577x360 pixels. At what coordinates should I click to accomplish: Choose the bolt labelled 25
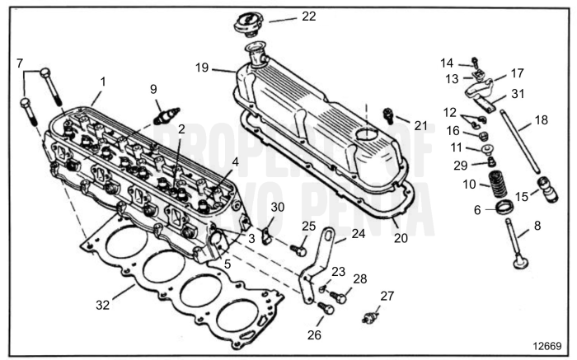[298, 245]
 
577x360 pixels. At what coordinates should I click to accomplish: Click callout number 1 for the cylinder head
[102, 81]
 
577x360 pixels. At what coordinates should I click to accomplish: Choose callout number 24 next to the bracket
[358, 234]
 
